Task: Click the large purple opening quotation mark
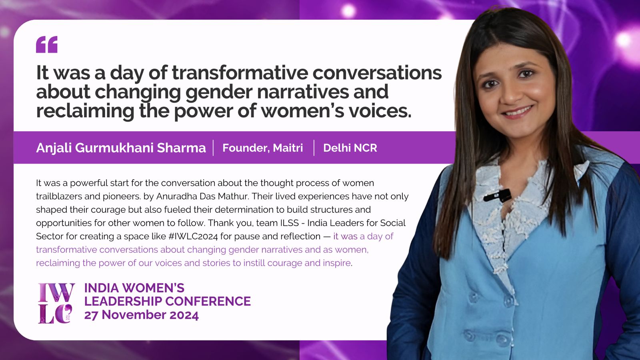[x=46, y=44]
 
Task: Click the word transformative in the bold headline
[x=240, y=72]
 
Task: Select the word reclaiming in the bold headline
[x=85, y=111]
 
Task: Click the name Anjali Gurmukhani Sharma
[x=121, y=148]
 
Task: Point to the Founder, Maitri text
[x=262, y=148]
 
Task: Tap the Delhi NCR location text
[x=350, y=148]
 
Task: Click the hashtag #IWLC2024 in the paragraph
[x=193, y=236]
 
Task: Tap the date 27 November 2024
[x=142, y=315]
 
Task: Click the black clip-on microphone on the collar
[x=498, y=196]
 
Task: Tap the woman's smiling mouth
[x=517, y=112]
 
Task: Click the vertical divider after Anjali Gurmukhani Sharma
[x=214, y=148]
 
